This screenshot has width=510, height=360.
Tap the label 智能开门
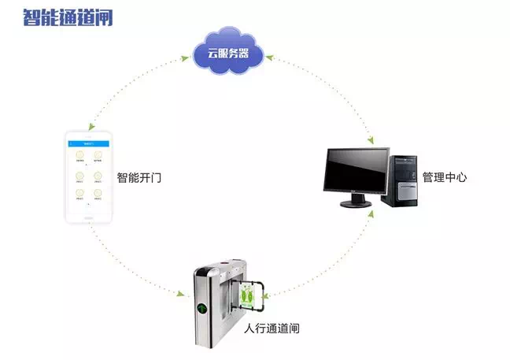pyautogui.click(x=139, y=178)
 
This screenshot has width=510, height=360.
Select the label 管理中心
pyautogui.click(x=445, y=177)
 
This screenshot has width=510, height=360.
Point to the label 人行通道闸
pyautogui.click(x=272, y=328)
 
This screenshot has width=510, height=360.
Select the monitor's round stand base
pyautogui.click(x=357, y=203)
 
